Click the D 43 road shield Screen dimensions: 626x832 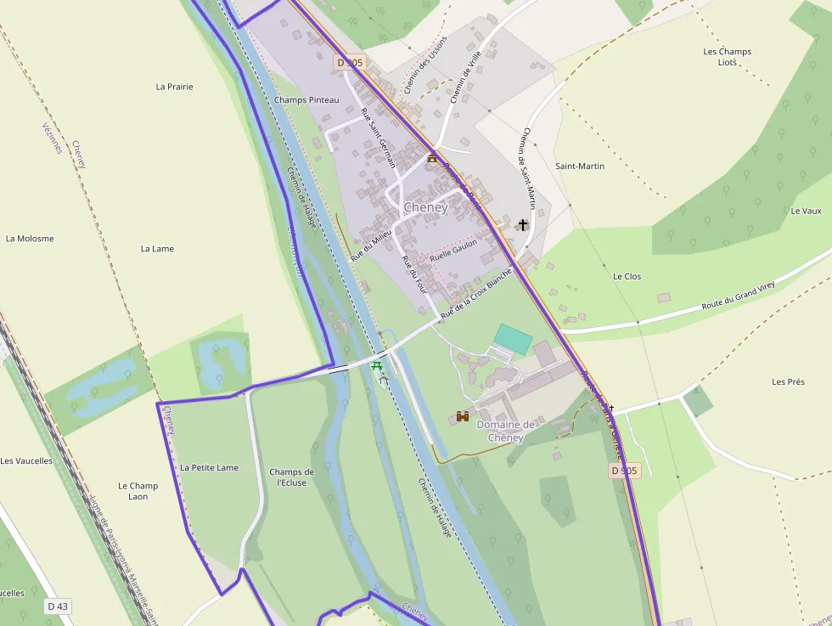57,606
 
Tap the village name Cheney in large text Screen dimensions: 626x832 425,207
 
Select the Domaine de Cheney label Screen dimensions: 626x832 505,431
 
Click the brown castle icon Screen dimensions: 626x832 463,416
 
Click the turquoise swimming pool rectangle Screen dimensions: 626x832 513,338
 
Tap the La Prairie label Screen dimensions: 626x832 175,87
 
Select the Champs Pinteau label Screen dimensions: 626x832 306,100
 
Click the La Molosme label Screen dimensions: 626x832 30,239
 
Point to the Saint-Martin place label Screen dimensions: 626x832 580,166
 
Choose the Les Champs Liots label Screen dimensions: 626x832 728,57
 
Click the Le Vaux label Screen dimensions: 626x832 806,211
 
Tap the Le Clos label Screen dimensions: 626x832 627,277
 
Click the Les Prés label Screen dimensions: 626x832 788,382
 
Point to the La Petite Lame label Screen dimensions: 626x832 209,468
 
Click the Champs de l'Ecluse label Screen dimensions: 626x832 291,477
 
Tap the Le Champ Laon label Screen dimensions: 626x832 138,491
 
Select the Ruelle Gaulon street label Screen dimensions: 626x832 453,248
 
